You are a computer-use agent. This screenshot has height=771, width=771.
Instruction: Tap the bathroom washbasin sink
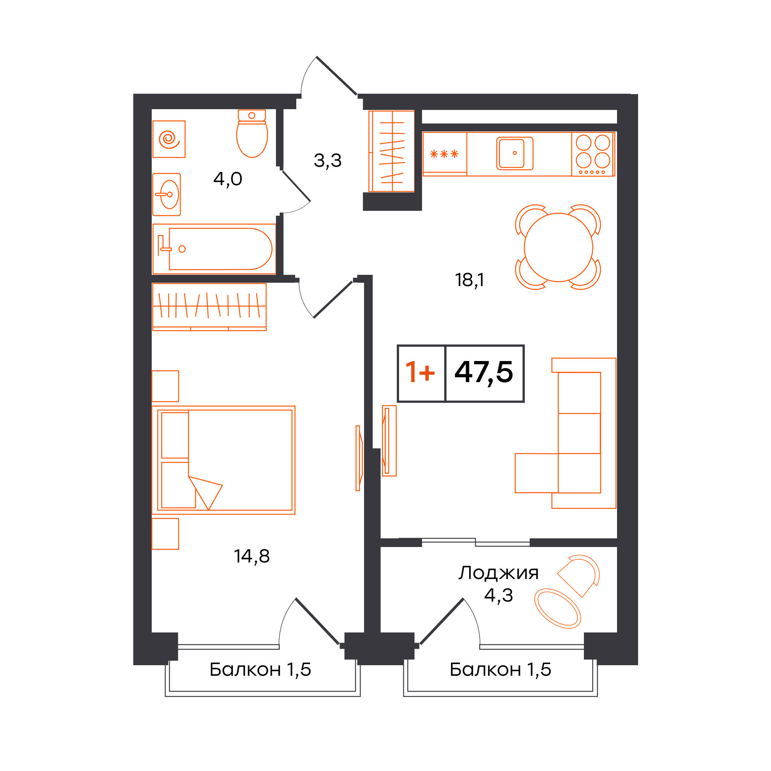click(x=167, y=194)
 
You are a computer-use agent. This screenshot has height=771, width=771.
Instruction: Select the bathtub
click(x=214, y=249)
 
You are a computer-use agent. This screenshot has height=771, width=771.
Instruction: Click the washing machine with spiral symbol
click(x=169, y=139)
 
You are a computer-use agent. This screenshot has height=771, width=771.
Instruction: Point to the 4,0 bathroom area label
click(x=228, y=179)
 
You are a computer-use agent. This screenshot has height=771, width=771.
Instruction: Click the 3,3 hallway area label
click(x=328, y=161)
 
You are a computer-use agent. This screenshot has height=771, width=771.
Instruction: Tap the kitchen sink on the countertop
click(x=515, y=153)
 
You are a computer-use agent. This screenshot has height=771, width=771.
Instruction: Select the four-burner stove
click(x=593, y=154)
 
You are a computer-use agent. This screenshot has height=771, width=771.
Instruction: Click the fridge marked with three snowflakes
click(x=445, y=154)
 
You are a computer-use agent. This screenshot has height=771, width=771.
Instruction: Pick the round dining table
click(x=558, y=247)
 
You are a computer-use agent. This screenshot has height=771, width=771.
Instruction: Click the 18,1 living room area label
click(x=469, y=280)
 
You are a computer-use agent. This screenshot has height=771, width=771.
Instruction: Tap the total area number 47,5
click(x=484, y=372)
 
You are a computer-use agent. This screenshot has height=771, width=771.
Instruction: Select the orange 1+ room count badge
click(x=420, y=372)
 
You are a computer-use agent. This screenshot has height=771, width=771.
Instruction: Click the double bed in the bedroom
click(x=224, y=460)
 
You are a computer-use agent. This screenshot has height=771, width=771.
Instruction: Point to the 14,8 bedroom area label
click(x=252, y=556)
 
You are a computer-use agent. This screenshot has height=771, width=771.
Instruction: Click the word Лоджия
click(x=498, y=573)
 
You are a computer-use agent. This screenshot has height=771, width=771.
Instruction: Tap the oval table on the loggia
click(x=558, y=609)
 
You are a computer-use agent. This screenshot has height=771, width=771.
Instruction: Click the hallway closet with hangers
click(x=392, y=151)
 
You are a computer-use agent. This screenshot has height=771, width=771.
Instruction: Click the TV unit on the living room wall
click(x=389, y=441)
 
